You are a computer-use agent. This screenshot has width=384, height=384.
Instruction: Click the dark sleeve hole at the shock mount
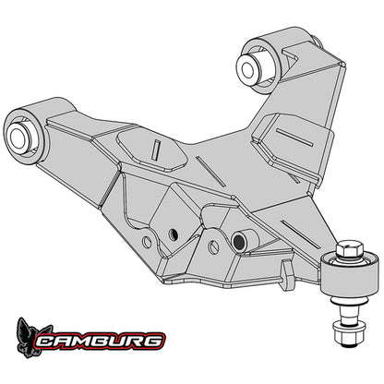coord(238,242)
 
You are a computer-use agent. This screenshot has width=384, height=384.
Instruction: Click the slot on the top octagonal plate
coord(157,150)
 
